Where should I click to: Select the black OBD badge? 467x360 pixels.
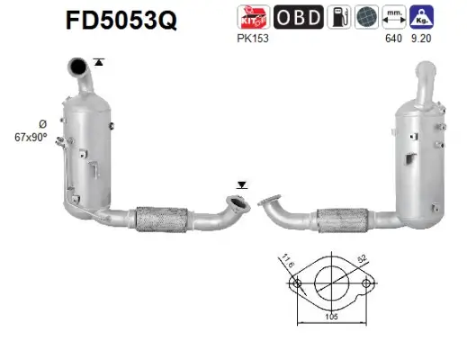[293, 16]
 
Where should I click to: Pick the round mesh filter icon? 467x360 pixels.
[364, 16]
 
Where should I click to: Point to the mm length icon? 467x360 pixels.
[392, 16]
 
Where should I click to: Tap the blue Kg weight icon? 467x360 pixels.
[420, 16]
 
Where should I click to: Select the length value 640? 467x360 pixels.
[392, 39]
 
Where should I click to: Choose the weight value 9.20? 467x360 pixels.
[420, 39]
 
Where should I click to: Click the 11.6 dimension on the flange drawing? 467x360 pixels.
[287, 261]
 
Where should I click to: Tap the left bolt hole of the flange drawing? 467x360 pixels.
[294, 284]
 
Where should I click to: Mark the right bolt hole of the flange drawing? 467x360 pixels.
[366, 284]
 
